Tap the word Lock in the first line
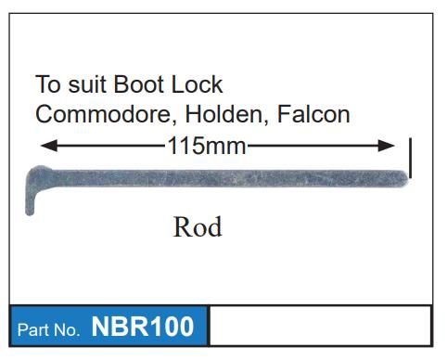(196, 85)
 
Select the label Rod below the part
(198, 226)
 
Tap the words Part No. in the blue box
(49, 329)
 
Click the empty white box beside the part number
(320, 326)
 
